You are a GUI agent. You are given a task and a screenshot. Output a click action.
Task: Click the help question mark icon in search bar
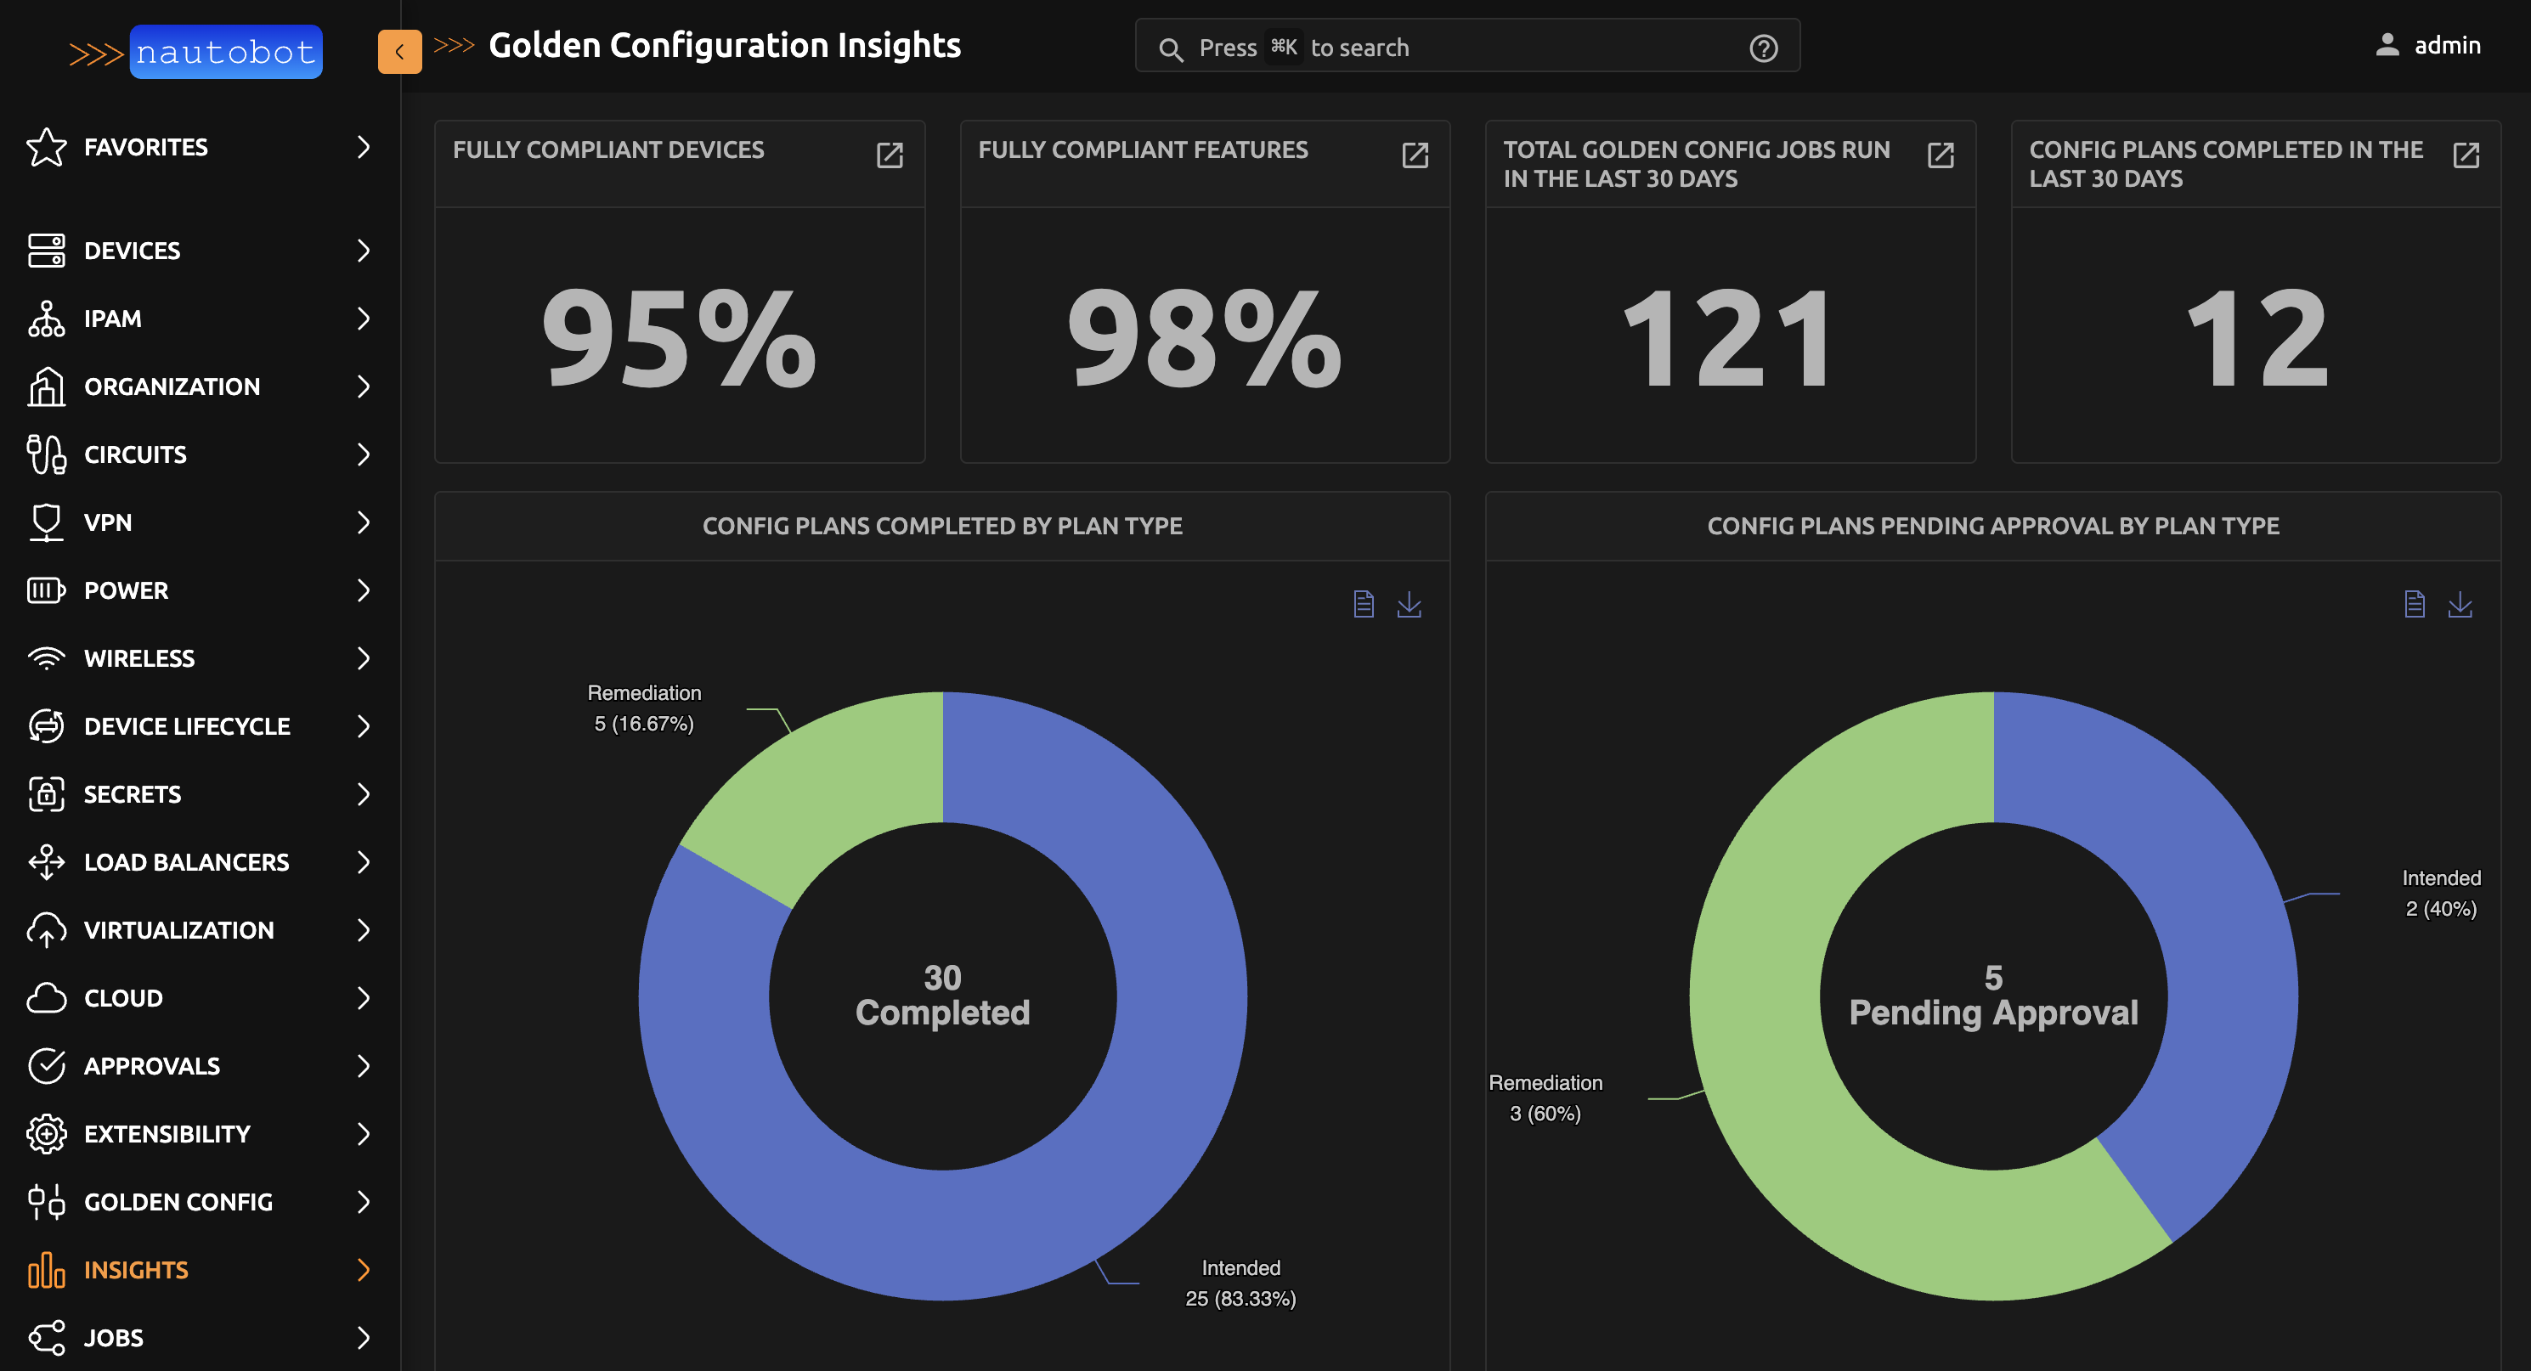(x=1763, y=48)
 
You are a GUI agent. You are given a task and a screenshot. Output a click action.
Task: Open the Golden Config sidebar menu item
(x=178, y=1201)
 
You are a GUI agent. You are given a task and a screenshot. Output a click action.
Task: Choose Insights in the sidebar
(x=136, y=1269)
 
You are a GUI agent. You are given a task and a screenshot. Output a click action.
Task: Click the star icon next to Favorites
(x=46, y=147)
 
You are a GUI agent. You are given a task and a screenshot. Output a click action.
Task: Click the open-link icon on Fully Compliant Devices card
(x=890, y=155)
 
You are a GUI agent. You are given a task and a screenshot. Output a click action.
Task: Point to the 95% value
(x=679, y=338)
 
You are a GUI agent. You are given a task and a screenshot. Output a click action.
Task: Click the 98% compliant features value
(x=1204, y=338)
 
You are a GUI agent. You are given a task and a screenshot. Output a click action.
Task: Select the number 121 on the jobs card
(x=1728, y=338)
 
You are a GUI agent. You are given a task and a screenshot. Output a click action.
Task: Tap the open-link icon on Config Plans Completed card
(x=2466, y=155)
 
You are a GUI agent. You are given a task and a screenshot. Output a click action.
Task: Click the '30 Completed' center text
(x=942, y=995)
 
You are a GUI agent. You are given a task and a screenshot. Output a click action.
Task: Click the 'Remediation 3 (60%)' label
(x=1545, y=1097)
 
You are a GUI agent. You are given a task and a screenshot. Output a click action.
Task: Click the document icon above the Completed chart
(x=1363, y=604)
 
